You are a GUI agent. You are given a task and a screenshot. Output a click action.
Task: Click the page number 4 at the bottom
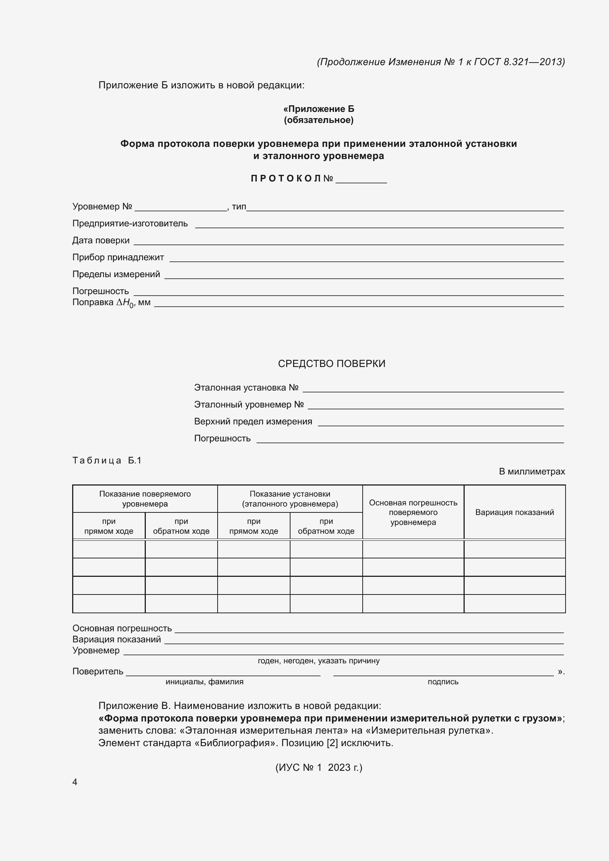tap(75, 782)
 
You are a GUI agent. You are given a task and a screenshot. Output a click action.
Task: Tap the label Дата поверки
tap(101, 240)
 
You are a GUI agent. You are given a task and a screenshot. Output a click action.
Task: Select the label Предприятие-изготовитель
tap(130, 223)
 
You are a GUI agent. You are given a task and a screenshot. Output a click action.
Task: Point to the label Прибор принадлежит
tap(118, 257)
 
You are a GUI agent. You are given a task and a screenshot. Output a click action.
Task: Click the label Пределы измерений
tap(116, 274)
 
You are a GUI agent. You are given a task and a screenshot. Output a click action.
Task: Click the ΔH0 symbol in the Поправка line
tap(125, 303)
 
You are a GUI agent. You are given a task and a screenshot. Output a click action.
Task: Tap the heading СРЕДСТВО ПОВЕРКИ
tap(331, 363)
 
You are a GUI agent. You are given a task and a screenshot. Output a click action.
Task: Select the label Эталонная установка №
tap(246, 387)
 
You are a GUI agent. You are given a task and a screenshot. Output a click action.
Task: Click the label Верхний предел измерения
tap(253, 421)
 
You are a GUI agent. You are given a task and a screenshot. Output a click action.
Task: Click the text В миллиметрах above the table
tap(531, 472)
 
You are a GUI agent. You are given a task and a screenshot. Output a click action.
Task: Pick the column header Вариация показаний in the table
tap(514, 512)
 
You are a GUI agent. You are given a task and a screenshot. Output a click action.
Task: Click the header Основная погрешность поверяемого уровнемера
tap(413, 512)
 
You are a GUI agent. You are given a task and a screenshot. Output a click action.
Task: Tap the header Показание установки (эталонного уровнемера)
tap(289, 499)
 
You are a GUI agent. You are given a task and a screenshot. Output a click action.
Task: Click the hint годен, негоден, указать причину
tap(318, 661)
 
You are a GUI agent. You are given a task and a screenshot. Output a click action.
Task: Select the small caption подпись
tap(443, 682)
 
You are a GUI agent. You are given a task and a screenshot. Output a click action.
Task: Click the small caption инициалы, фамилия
tap(204, 682)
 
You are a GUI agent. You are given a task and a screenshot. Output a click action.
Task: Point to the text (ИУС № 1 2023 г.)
tap(318, 767)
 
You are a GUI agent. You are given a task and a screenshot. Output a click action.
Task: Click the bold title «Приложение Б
tap(318, 109)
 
